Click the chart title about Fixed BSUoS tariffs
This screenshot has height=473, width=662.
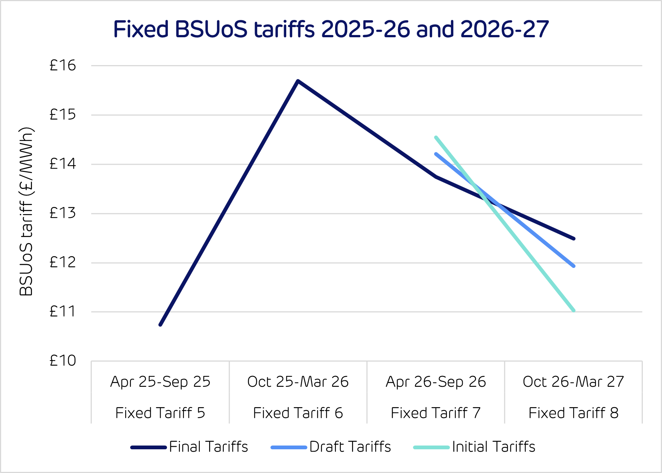[331, 29]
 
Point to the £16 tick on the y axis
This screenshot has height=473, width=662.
[63, 65]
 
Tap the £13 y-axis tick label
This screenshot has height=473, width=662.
[63, 213]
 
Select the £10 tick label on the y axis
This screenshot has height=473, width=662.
[63, 361]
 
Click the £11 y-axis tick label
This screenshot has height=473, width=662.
[63, 312]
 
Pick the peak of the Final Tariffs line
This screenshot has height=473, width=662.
[298, 81]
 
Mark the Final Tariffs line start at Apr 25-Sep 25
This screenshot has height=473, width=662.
[160, 325]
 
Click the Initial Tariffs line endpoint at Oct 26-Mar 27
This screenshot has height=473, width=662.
[574, 310]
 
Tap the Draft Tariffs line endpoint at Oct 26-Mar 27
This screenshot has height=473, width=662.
[574, 266]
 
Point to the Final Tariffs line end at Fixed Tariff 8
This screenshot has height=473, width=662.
[574, 239]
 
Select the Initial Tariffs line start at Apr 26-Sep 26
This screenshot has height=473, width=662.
[436, 137]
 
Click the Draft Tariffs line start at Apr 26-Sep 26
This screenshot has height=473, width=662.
[436, 154]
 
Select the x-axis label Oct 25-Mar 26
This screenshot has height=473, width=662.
[298, 382]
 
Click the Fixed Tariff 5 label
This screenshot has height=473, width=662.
[160, 413]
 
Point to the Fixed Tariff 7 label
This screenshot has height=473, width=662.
[436, 413]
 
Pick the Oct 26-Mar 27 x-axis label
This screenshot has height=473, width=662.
[573, 382]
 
